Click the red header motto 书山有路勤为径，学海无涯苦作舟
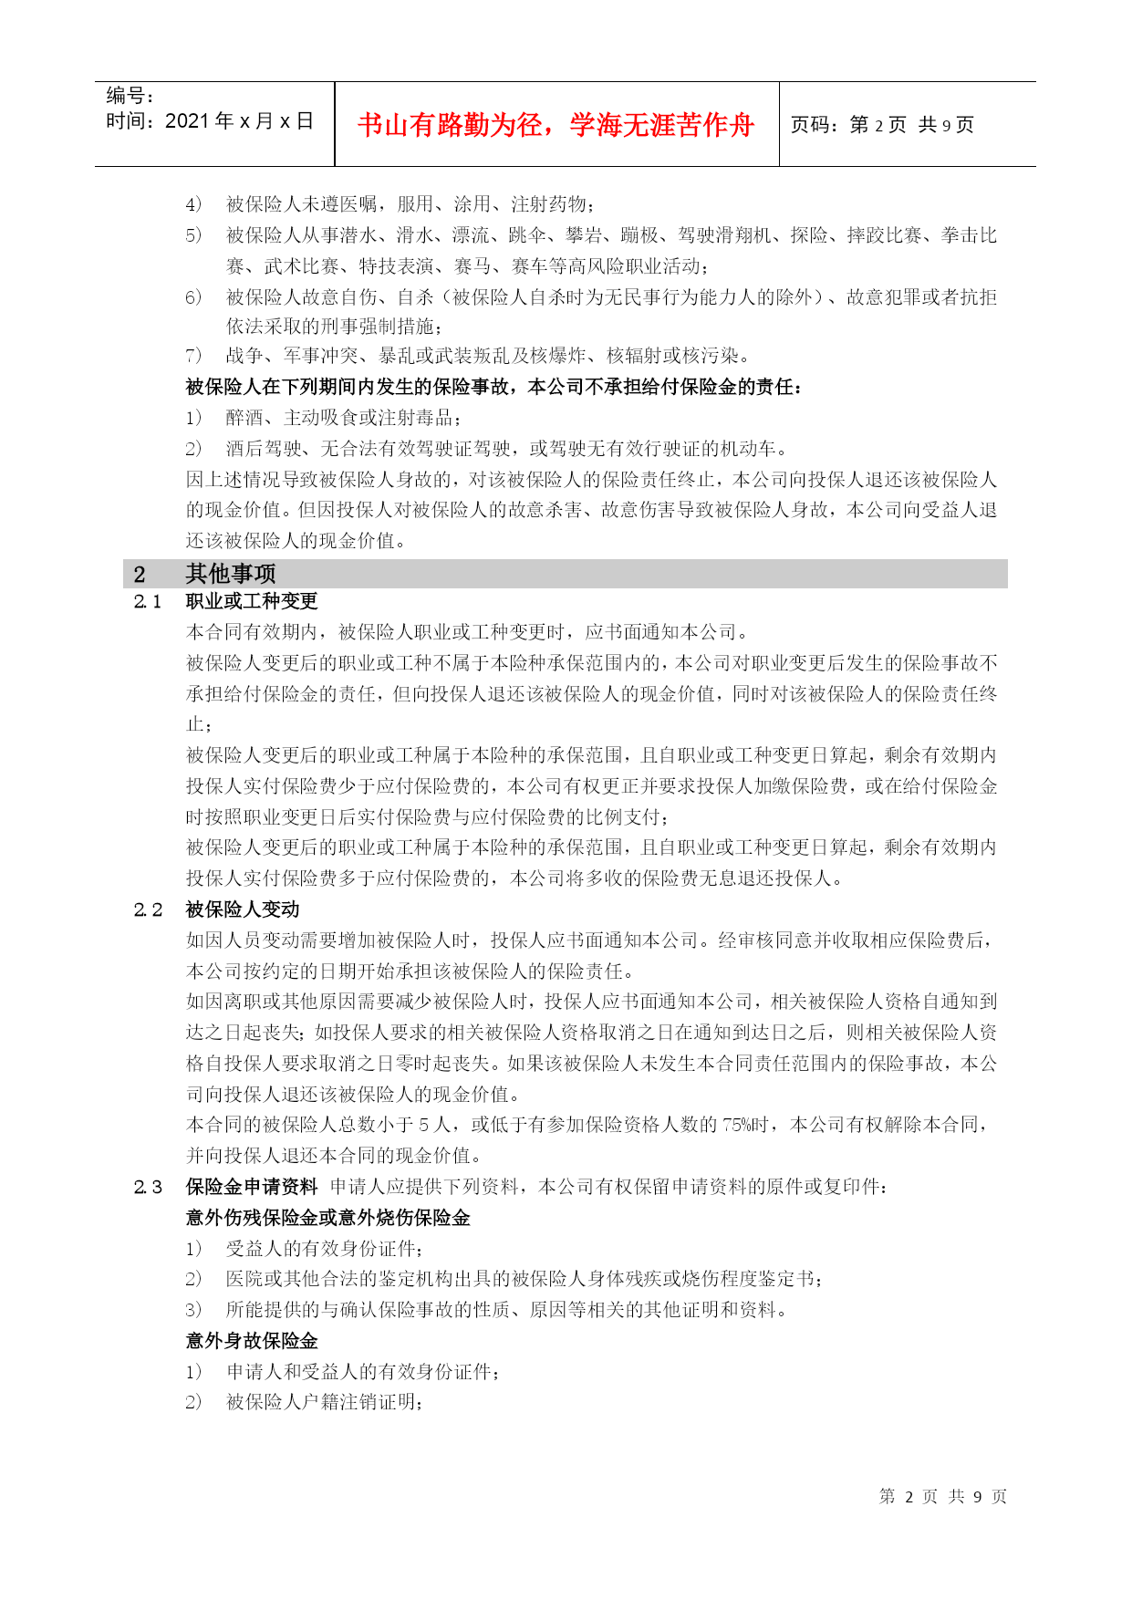click(x=556, y=125)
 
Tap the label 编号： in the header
click(x=130, y=96)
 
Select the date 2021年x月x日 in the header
click(x=240, y=121)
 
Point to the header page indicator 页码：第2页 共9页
click(x=881, y=125)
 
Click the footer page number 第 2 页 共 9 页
click(x=942, y=1496)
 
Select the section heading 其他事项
click(x=231, y=574)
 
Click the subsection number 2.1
click(x=147, y=602)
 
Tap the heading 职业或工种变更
click(x=252, y=602)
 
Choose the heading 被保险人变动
click(x=243, y=909)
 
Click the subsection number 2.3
click(x=147, y=1187)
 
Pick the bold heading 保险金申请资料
click(x=252, y=1187)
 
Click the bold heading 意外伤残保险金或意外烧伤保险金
click(x=328, y=1218)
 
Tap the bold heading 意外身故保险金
click(x=252, y=1341)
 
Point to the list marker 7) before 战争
click(x=193, y=356)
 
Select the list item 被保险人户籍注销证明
click(x=323, y=1402)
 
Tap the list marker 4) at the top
click(x=193, y=204)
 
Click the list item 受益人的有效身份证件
click(x=323, y=1249)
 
